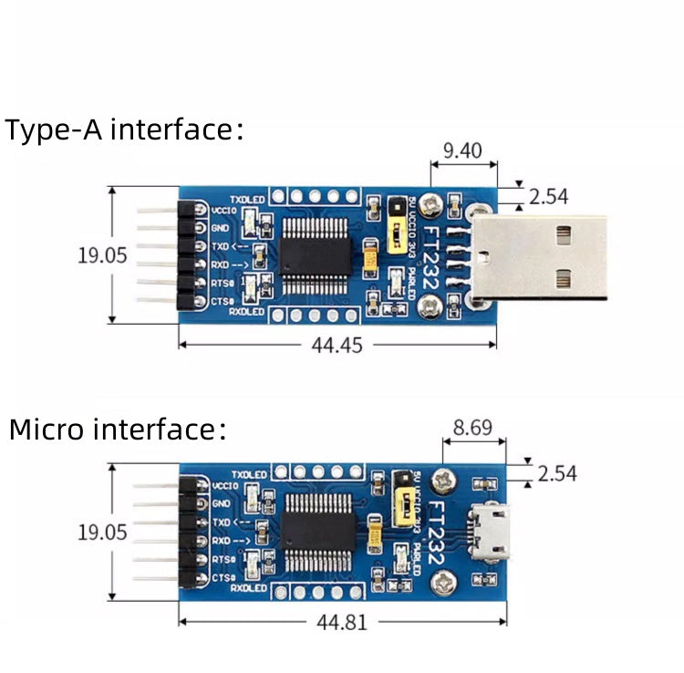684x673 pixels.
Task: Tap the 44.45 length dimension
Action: coord(337,345)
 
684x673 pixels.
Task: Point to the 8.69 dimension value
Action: coord(474,426)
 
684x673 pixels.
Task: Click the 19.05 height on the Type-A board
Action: coord(102,254)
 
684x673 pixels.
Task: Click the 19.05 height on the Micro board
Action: coord(102,532)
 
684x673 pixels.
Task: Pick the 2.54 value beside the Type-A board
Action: coord(547,195)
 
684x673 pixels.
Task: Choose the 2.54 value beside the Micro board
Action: coord(557,473)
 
